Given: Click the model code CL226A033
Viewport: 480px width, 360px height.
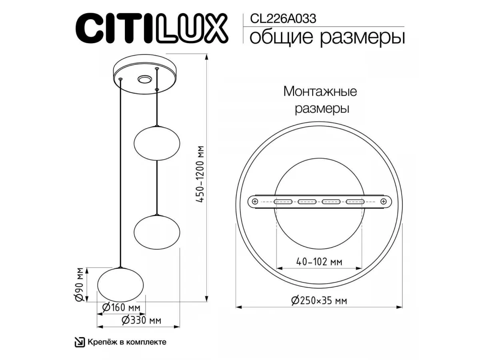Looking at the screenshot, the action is [x=283, y=19].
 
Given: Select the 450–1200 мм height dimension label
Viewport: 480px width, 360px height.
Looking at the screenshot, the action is [x=200, y=174].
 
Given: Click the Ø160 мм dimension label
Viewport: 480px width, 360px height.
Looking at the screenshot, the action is [x=121, y=308].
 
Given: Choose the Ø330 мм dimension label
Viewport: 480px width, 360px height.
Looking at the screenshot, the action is [x=141, y=320].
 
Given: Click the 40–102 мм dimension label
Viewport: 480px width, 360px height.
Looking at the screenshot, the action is [x=319, y=262].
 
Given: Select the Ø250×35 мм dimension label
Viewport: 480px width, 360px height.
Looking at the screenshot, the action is [x=319, y=301].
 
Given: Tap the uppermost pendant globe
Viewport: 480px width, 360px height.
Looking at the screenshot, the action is [x=157, y=143].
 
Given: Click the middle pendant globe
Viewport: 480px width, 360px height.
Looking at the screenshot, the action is [x=157, y=232].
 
